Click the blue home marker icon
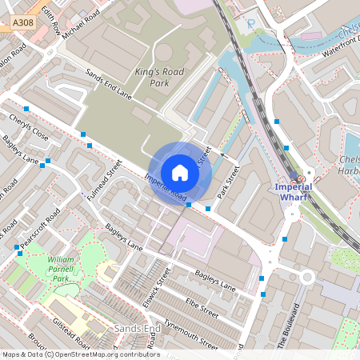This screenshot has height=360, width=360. [x=180, y=172]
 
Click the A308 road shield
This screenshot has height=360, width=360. [x=23, y=26]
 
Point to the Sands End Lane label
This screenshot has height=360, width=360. [x=107, y=83]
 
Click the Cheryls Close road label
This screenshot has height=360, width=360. [x=29, y=129]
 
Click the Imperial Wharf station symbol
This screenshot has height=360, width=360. [x=300, y=179]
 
